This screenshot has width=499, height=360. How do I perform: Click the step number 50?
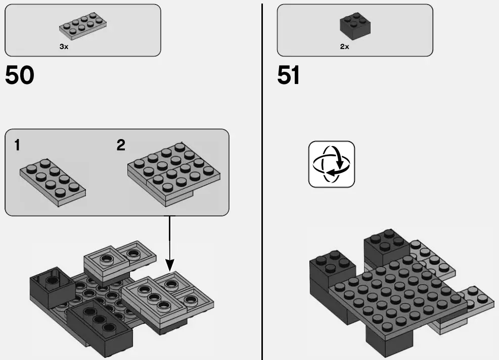(20, 76)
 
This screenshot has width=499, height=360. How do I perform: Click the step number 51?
(289, 76)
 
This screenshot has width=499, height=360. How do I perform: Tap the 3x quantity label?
(64, 47)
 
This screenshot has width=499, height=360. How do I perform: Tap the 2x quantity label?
(344, 47)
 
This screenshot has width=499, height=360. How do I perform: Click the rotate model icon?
(332, 164)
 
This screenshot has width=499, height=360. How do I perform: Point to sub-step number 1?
(18, 146)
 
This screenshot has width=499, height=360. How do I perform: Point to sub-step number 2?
(121, 146)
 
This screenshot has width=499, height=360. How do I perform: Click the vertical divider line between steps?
(262, 182)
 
